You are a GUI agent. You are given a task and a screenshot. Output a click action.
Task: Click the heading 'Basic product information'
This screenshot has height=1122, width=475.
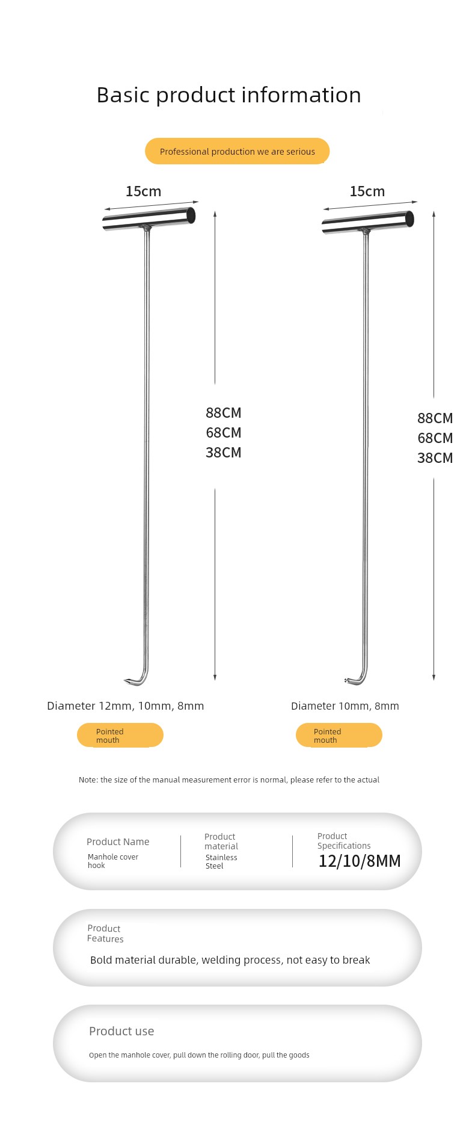[228, 95]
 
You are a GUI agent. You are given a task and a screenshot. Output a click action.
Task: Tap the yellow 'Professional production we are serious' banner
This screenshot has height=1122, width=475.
[237, 151]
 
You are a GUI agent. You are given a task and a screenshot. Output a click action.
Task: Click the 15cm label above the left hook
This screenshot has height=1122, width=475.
[143, 191]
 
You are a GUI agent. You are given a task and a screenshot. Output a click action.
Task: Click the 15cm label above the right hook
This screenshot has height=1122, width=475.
[367, 191]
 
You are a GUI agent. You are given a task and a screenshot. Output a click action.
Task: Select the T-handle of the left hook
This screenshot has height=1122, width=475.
[149, 219]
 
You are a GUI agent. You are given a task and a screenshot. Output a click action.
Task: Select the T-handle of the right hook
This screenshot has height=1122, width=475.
[368, 223]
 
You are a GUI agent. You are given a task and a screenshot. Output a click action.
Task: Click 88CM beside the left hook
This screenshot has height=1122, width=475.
[223, 413]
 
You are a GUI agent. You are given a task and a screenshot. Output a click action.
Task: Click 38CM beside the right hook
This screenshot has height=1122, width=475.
[435, 458]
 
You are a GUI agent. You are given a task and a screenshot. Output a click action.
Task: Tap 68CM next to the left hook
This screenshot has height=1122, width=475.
[223, 433]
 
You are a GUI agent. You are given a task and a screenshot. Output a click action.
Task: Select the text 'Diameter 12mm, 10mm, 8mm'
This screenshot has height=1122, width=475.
[126, 706]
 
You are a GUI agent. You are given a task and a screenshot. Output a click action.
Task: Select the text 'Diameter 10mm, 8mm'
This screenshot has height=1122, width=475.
[345, 706]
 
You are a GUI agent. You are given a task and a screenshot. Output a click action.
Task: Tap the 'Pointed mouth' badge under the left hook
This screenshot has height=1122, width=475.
[120, 735]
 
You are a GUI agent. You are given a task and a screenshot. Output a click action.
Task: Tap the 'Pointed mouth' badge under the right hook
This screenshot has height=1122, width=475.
[339, 735]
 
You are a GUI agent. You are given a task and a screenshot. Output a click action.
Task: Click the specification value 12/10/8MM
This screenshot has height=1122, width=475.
[360, 861]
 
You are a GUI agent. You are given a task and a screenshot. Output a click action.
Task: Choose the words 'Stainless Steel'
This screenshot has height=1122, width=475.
[221, 861]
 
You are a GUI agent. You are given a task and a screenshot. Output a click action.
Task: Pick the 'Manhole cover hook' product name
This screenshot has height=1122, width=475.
[113, 861]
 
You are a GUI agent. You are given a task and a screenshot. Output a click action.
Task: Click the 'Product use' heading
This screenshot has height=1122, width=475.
[121, 1031]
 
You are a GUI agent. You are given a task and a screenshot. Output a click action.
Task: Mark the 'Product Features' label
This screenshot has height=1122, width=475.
[105, 934]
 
